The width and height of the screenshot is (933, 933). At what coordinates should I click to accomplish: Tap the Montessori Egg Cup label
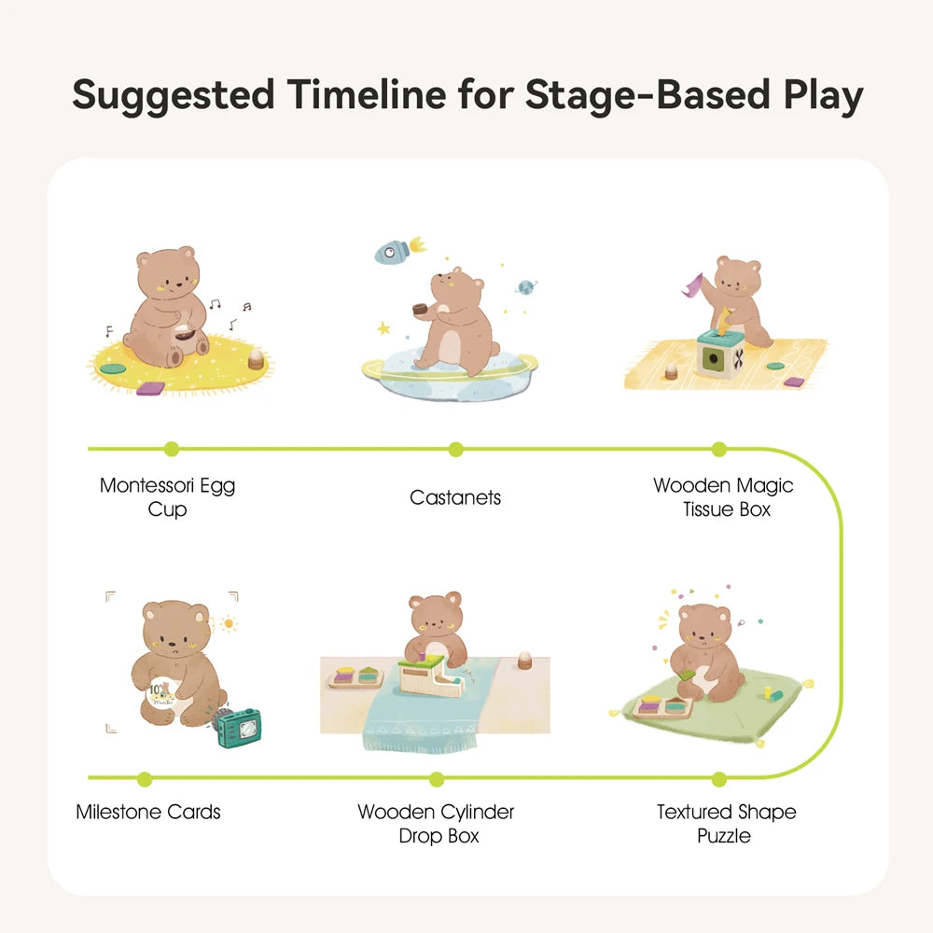tap(167, 497)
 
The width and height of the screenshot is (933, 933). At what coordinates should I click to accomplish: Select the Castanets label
tap(455, 497)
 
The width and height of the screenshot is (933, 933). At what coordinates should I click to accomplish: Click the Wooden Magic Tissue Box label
tap(723, 497)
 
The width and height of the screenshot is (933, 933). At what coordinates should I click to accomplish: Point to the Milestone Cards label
tap(148, 812)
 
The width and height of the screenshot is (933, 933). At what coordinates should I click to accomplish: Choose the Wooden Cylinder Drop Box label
tap(436, 823)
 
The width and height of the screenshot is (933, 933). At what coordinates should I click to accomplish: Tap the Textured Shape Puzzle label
tap(726, 823)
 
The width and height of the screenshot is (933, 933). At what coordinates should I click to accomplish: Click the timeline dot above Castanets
tap(455, 450)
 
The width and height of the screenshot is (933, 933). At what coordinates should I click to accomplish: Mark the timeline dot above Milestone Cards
tap(144, 778)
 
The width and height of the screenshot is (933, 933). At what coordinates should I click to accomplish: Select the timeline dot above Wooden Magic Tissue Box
tap(718, 450)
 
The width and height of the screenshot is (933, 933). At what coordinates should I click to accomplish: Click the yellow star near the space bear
tap(383, 328)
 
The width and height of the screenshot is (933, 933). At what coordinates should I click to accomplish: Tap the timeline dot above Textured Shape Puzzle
tap(718, 778)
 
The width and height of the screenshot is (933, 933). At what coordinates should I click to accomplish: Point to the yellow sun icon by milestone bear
tap(227, 622)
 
